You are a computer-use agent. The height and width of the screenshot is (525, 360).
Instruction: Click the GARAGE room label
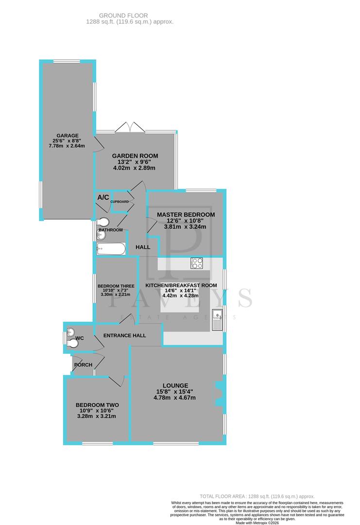click(x=67, y=136)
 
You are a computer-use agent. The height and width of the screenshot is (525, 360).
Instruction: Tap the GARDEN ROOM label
click(x=135, y=156)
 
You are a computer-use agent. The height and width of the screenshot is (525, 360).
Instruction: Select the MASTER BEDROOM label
click(x=186, y=214)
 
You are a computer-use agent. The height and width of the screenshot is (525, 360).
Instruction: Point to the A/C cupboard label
click(x=103, y=197)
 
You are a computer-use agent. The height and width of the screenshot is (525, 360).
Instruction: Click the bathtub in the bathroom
click(x=111, y=249)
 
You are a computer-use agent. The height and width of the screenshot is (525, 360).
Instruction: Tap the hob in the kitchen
click(x=197, y=262)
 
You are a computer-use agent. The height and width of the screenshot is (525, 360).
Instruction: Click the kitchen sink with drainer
click(x=216, y=318)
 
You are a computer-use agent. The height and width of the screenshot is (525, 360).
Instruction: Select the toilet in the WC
click(x=73, y=343)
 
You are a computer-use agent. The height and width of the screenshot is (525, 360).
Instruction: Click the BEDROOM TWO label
click(x=97, y=405)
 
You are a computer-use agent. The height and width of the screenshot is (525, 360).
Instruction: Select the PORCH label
click(x=82, y=365)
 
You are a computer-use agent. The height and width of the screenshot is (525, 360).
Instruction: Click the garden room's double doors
click(x=130, y=127)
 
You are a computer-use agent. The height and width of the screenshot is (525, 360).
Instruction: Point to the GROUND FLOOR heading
click(x=130, y=16)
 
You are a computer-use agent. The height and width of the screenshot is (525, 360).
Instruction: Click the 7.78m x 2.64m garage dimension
click(x=67, y=145)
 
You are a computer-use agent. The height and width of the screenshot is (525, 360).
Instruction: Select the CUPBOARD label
click(x=120, y=201)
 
